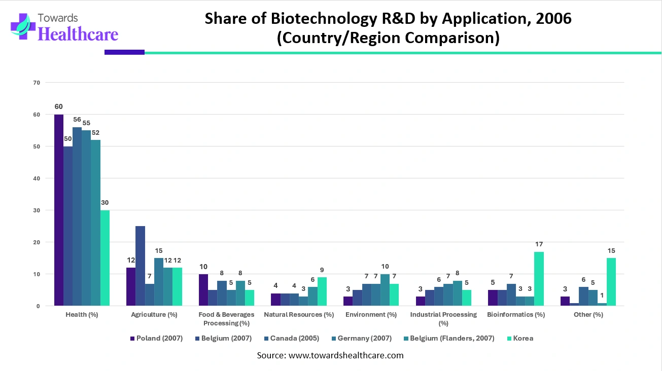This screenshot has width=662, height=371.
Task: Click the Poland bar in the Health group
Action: click(59, 210)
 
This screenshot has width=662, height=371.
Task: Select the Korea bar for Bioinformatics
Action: click(539, 279)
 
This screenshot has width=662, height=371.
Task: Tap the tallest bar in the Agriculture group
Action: click(141, 266)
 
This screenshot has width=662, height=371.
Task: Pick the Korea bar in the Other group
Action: click(611, 282)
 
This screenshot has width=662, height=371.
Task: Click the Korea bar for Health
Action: click(105, 258)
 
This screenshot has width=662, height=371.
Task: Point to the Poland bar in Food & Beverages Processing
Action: click(203, 290)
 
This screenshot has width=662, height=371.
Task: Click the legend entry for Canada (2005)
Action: click(294, 338)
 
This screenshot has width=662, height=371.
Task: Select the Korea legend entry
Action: click(522, 338)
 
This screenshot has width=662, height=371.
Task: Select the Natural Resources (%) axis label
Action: click(299, 314)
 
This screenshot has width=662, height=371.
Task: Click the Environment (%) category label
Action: click(371, 314)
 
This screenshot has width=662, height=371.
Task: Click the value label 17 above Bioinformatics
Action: click(539, 244)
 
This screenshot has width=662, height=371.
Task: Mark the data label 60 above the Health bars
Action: click(59, 106)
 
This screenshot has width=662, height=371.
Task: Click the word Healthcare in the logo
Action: click(78, 33)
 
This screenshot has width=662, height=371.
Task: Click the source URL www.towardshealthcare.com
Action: click(345, 355)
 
